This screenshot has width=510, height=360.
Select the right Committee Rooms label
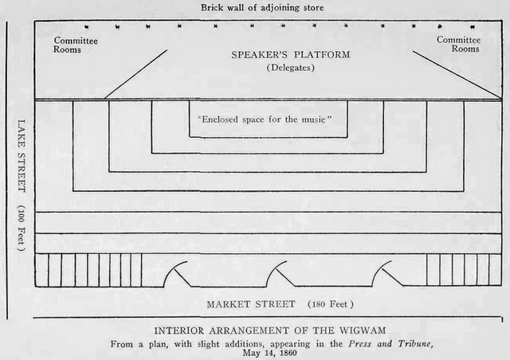(x=458, y=44)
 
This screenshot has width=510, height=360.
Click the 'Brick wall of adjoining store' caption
(x=263, y=9)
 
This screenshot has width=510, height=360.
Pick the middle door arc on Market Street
(x=279, y=273)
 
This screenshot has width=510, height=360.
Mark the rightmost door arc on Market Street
(x=382, y=273)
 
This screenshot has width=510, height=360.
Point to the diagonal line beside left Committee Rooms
(x=136, y=74)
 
